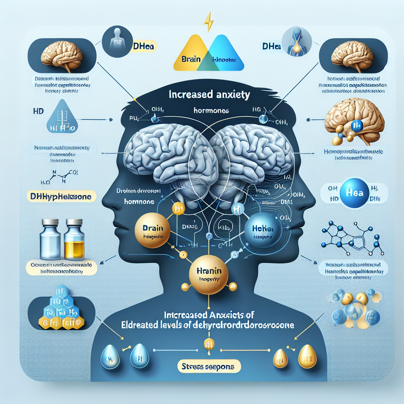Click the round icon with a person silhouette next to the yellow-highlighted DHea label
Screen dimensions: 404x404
point(115,41)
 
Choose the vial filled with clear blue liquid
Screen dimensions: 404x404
point(50,239)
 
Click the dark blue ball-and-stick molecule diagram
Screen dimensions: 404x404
point(350,239)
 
